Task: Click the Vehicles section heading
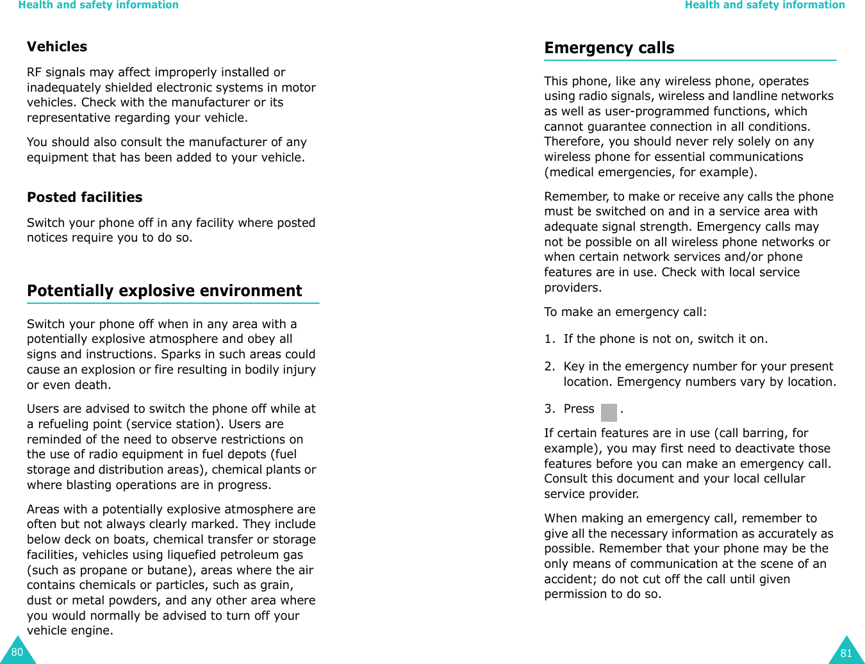(x=57, y=47)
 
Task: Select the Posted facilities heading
(x=85, y=197)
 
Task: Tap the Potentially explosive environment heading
(x=164, y=291)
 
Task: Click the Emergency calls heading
(x=609, y=48)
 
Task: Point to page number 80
(x=17, y=652)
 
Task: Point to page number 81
(x=846, y=653)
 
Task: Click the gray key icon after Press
(x=608, y=411)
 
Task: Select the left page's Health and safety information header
(x=98, y=5)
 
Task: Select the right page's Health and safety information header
(x=764, y=5)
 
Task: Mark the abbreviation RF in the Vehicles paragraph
(x=35, y=72)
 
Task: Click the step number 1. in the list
(x=549, y=339)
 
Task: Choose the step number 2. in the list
(x=549, y=367)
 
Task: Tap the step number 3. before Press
(x=549, y=409)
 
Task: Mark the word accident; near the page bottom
(x=571, y=579)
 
